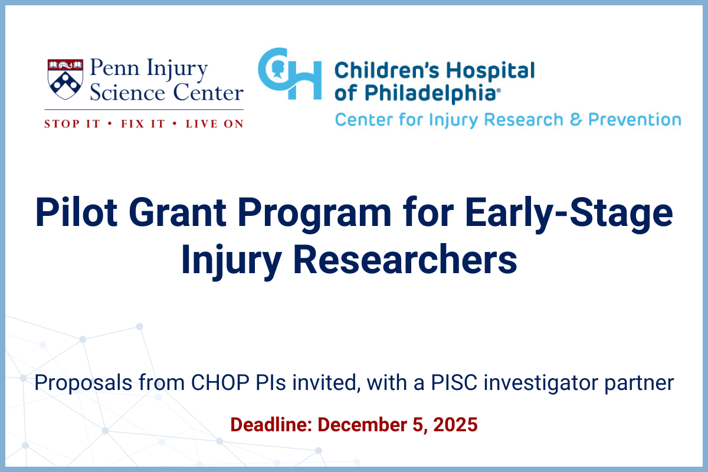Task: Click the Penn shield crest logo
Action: (x=65, y=79)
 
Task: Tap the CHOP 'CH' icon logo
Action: (x=290, y=73)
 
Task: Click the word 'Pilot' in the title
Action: (x=77, y=212)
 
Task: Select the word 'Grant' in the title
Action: (x=178, y=212)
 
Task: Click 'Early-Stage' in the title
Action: (x=569, y=215)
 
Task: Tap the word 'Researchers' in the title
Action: (x=405, y=260)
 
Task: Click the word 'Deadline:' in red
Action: (x=271, y=424)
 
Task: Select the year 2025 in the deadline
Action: (x=455, y=424)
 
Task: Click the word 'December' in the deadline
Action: (x=362, y=424)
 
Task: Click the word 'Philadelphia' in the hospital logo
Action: (x=430, y=94)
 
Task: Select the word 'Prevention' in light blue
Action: (x=635, y=120)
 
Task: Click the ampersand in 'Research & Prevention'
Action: (x=576, y=120)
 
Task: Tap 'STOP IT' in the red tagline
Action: (x=72, y=124)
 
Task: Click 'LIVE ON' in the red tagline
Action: (x=215, y=124)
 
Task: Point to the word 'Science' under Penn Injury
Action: (x=127, y=93)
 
